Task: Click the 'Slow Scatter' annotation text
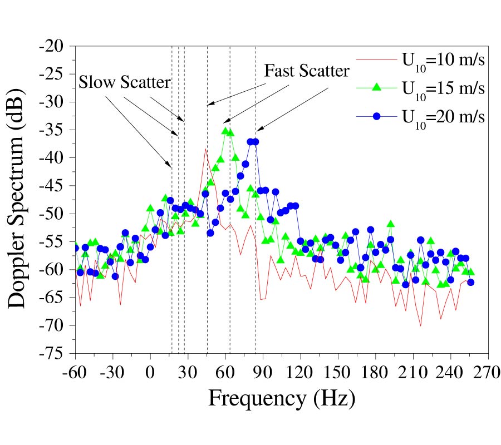pyautogui.click(x=124, y=83)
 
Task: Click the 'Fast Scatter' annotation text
pyautogui.click(x=307, y=71)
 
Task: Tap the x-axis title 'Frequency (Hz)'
pyautogui.click(x=282, y=398)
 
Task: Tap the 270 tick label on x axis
pyautogui.click(x=488, y=371)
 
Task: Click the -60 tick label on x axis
pyautogui.click(x=76, y=371)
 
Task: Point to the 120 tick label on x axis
pyautogui.click(x=301, y=371)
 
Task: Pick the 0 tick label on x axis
pyautogui.click(x=150, y=371)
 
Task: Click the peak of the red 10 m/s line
pyautogui.click(x=206, y=149)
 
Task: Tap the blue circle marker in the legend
pyautogui.click(x=376, y=117)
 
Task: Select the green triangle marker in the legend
pyautogui.click(x=376, y=87)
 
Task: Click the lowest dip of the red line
pyautogui.click(x=421, y=326)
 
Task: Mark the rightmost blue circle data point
pyautogui.click(x=470, y=282)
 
